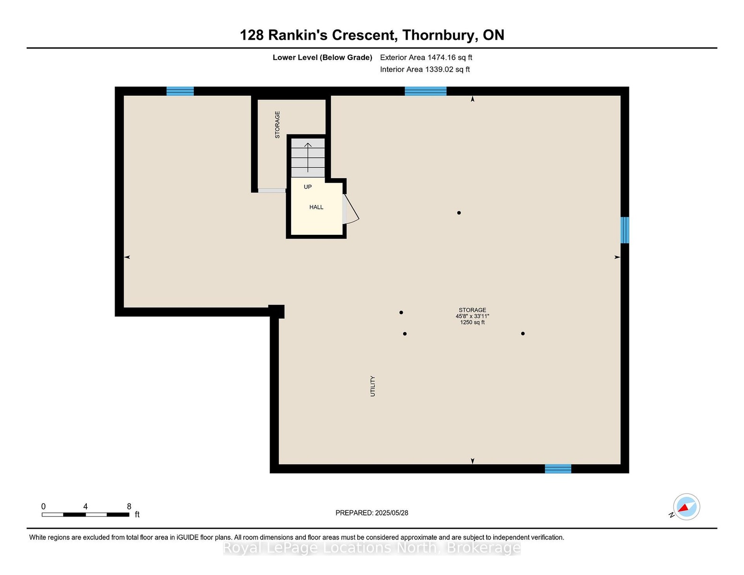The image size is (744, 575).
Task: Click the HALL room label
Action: pos(316,207)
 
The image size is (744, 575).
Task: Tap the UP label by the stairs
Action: pos(307,187)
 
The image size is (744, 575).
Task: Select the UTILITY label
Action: pos(372,386)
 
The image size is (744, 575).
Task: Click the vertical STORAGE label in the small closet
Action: pos(278,125)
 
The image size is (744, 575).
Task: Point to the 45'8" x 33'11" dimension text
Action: pos(472,316)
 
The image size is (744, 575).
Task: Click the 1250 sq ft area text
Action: pos(472,322)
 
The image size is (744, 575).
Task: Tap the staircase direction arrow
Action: pos(308,157)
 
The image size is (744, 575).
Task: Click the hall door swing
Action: pos(350,209)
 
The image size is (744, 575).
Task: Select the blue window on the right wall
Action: pos(625,230)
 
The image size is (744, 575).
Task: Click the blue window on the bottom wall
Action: pos(558,469)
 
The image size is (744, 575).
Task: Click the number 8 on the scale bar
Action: pos(129,506)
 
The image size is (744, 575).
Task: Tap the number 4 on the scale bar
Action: pos(85,506)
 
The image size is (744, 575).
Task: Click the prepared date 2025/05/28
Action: pos(391,513)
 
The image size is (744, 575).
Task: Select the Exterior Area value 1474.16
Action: pos(442,57)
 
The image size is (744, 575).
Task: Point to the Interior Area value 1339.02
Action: pos(439,69)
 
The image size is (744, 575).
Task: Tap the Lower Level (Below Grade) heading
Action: pos(322,57)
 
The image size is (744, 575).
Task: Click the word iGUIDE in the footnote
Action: pos(187,537)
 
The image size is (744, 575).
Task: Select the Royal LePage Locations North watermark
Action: pos(372,548)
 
